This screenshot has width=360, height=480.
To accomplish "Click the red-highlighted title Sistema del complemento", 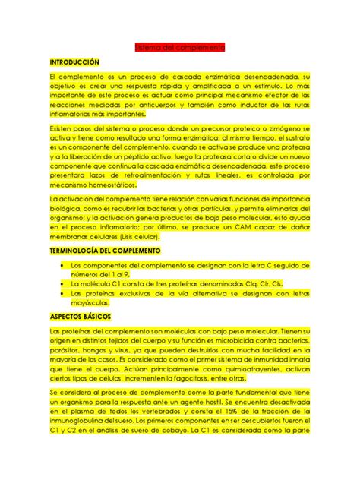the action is [179, 47].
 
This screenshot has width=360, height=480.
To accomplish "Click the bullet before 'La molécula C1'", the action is [61, 282].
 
